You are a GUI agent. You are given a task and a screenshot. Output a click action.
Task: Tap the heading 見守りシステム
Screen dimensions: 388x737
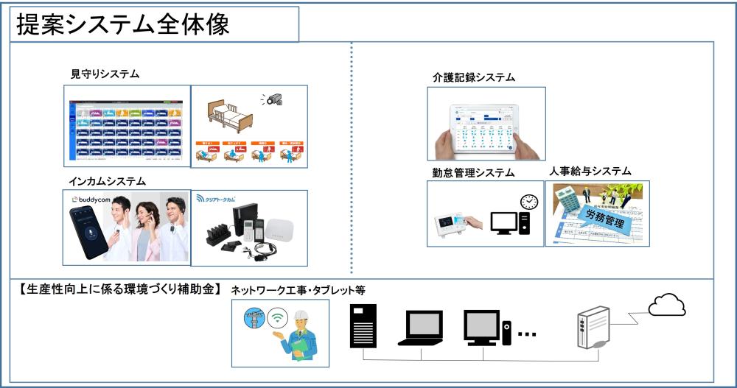click(104, 74)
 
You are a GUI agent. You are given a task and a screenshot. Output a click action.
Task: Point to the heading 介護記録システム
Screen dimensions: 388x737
click(473, 77)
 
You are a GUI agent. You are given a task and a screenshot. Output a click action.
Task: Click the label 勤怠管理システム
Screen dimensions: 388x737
click(473, 173)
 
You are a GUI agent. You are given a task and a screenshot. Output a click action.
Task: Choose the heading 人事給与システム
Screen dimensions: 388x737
click(590, 171)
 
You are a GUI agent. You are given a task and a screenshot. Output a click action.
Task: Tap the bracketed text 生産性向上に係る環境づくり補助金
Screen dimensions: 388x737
click(116, 289)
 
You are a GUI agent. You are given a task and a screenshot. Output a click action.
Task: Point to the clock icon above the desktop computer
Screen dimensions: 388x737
click(528, 201)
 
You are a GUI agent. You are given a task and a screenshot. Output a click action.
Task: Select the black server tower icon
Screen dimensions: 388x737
click(363, 324)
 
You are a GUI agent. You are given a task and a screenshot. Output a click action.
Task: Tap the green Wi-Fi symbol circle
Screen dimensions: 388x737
click(277, 320)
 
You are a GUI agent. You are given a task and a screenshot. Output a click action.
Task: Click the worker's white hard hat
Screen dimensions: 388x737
click(303, 315)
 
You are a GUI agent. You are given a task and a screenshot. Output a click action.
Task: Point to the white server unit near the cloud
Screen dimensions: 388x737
click(593, 327)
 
